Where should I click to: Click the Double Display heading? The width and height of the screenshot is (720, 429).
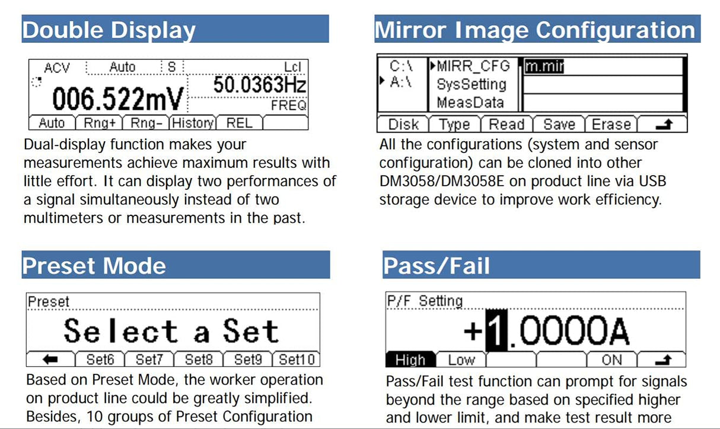(x=109, y=30)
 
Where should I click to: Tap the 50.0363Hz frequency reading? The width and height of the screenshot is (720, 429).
(x=260, y=85)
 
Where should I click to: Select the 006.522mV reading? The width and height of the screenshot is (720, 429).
(x=118, y=100)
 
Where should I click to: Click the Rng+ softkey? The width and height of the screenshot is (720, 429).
(x=98, y=123)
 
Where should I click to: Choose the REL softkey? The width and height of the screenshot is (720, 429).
(x=239, y=123)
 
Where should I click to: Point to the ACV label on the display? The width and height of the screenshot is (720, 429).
(x=57, y=68)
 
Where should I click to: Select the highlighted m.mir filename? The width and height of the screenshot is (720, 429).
(x=543, y=66)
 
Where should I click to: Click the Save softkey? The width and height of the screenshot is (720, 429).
(x=559, y=125)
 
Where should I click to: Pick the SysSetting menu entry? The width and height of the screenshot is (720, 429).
(x=471, y=84)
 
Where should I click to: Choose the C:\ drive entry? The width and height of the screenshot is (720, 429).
(x=401, y=66)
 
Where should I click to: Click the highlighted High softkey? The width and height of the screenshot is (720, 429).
(x=410, y=360)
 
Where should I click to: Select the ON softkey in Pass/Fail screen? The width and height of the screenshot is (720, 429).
(x=611, y=360)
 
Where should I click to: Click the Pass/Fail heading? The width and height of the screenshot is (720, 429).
(x=437, y=266)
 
